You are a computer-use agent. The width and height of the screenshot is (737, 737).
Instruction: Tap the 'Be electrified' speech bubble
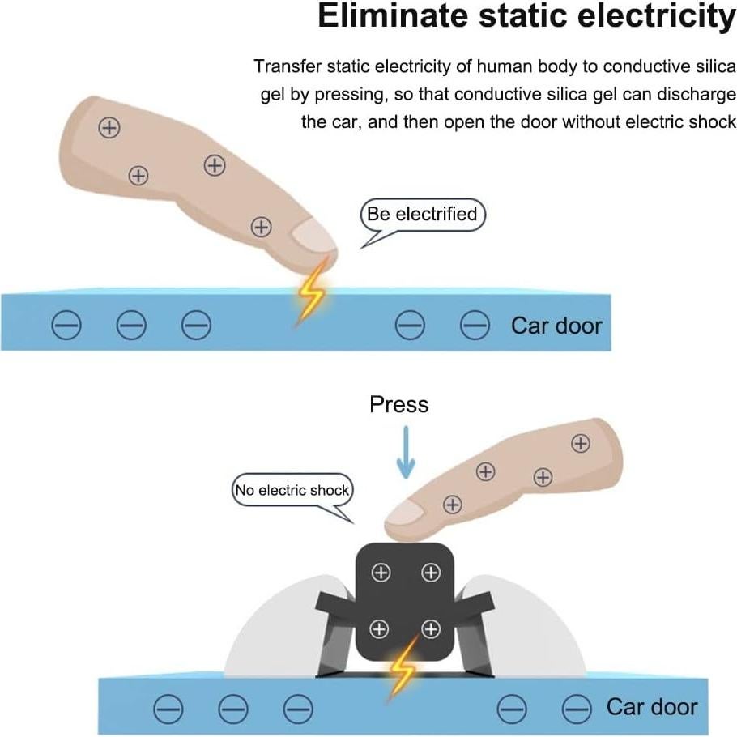pyautogui.click(x=422, y=215)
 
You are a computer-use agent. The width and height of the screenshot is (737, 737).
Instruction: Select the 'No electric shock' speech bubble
pyautogui.click(x=292, y=490)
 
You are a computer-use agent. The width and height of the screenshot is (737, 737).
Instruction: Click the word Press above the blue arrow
pyautogui.click(x=398, y=404)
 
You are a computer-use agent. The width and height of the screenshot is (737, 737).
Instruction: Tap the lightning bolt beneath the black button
pyautogui.click(x=402, y=667)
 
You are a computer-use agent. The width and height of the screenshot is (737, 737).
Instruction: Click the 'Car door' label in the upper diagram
pyautogui.click(x=556, y=326)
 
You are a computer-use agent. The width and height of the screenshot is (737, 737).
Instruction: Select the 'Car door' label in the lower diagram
pyautogui.click(x=652, y=707)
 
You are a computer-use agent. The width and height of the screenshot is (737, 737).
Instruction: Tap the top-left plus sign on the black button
pyautogui.click(x=380, y=573)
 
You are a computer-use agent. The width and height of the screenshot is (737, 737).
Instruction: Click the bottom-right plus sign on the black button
pyautogui.click(x=431, y=628)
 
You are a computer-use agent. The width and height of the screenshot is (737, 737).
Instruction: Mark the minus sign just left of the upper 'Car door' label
pyautogui.click(x=475, y=326)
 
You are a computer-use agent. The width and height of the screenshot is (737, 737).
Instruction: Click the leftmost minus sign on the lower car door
pyautogui.click(x=169, y=709)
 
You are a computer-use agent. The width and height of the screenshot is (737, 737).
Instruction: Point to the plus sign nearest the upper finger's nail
pyautogui.click(x=261, y=227)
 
